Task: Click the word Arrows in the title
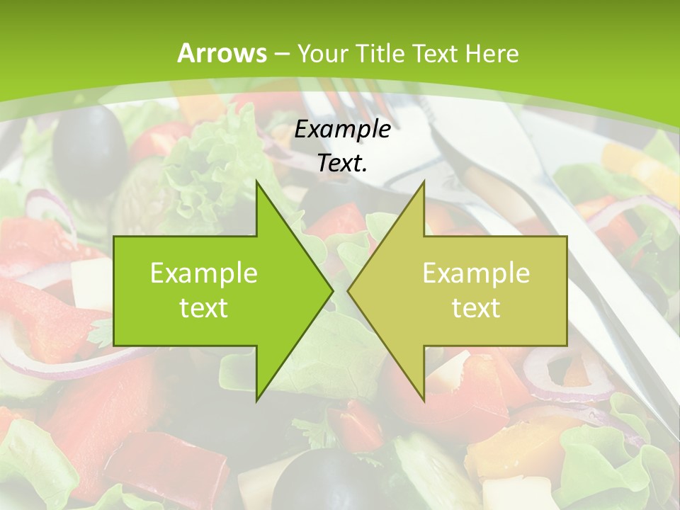[x=222, y=53]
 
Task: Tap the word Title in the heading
[x=380, y=54]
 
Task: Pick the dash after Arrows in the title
[x=282, y=55]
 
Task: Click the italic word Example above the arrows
[x=343, y=130]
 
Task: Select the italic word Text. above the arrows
[x=343, y=163]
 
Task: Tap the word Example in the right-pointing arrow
[x=204, y=273]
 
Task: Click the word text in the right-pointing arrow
[x=204, y=307]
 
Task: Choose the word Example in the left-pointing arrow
[x=476, y=273]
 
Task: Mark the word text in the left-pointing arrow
[x=476, y=307]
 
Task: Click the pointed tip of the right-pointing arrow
[x=332, y=290]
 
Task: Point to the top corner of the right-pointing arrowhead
[x=257, y=181]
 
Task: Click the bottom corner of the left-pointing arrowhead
[x=424, y=400]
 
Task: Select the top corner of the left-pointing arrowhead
[x=424, y=181]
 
